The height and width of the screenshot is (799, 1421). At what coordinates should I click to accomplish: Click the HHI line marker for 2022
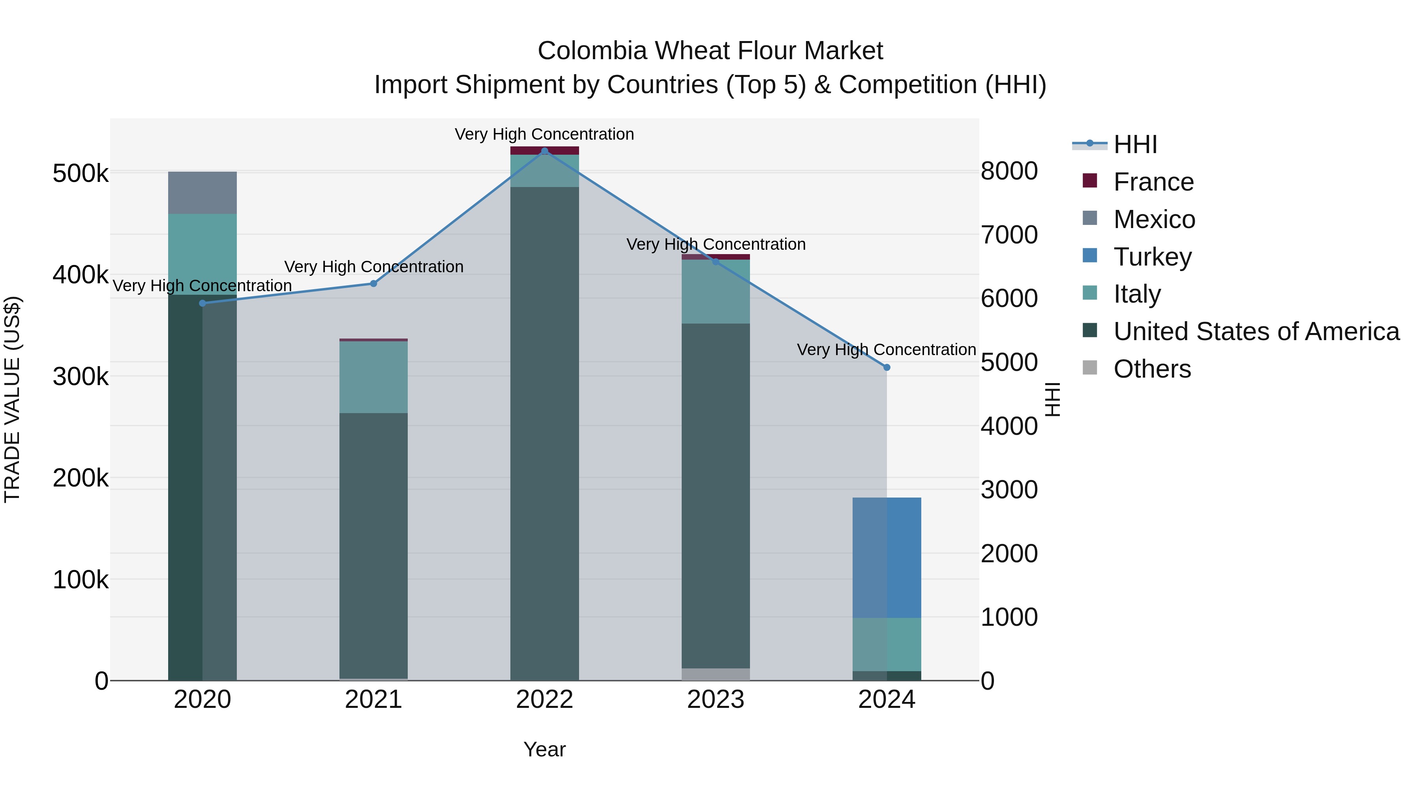544,151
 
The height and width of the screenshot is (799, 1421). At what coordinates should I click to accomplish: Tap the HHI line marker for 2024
887,367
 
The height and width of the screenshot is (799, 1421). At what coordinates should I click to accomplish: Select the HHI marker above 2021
373,283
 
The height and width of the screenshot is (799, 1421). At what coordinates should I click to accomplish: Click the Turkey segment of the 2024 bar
887,557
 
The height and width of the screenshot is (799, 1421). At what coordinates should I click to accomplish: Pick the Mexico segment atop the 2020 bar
202,193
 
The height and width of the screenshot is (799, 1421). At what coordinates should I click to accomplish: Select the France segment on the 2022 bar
544,151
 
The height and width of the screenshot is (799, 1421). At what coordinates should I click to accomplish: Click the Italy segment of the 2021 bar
373,377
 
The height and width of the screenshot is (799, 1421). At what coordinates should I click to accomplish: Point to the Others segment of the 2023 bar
716,674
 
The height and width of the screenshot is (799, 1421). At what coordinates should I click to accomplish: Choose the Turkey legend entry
1152,257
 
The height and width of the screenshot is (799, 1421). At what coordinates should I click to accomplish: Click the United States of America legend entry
1256,331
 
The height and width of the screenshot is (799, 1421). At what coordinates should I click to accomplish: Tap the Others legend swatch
1090,368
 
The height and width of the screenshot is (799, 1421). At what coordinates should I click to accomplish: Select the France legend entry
1153,182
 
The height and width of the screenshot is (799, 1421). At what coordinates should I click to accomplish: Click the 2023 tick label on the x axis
716,700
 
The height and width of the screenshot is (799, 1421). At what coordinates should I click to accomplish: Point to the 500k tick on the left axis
81,174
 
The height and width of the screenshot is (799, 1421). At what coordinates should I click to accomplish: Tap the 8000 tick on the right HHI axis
1009,171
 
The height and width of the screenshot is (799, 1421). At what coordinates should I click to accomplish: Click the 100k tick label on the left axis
81,580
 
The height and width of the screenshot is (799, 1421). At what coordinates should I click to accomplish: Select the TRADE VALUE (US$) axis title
13,399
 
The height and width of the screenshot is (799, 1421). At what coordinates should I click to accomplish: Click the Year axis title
544,749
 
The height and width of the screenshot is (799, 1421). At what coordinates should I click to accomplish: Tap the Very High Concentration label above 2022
544,134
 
